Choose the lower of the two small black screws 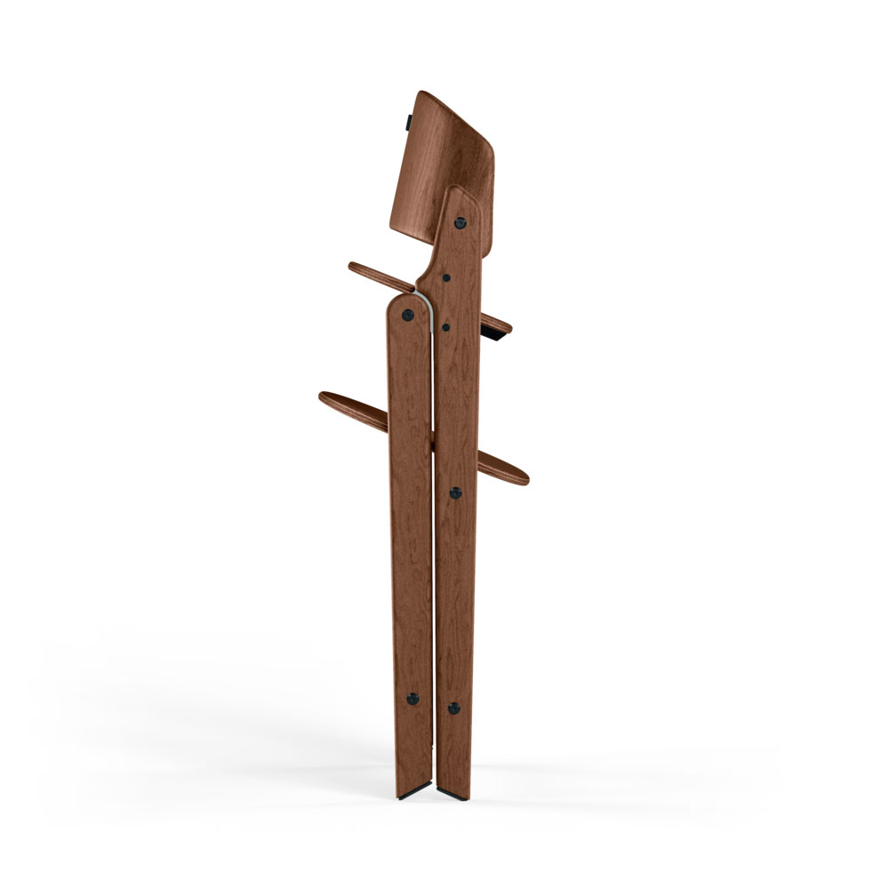pyautogui.click(x=444, y=326)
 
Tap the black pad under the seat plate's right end pyautogui.click(x=495, y=334)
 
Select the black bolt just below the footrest pyautogui.click(x=456, y=492)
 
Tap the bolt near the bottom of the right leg pyautogui.click(x=453, y=709)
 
